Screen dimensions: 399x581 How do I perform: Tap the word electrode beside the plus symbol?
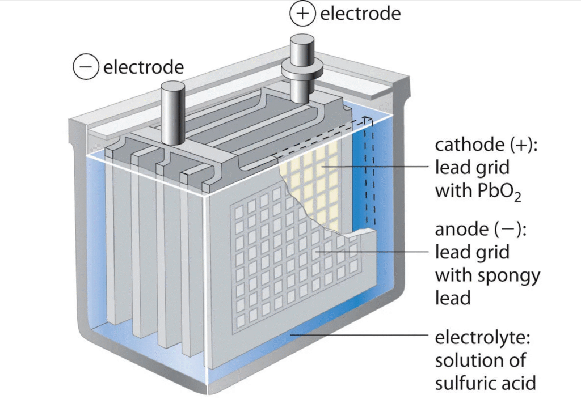pyautogui.click(x=360, y=14)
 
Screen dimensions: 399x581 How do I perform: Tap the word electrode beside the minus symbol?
pyautogui.click(x=143, y=67)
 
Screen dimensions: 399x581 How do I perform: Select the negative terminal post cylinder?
pyautogui.click(x=172, y=111)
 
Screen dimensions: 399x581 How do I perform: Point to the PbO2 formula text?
pyautogui.click(x=497, y=192)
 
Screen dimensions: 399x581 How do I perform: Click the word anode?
pyautogui.click(x=460, y=230)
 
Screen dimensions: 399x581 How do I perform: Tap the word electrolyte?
pyautogui.click(x=482, y=338)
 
